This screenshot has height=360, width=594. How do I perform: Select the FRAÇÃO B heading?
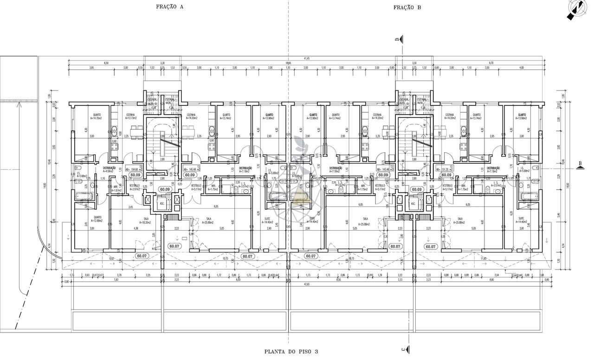coord(407,7)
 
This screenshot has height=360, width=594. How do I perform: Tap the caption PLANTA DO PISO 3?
coord(292,352)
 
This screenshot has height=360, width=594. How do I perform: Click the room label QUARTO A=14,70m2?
coord(97,116)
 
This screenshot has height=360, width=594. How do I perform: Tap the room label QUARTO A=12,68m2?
coord(97,219)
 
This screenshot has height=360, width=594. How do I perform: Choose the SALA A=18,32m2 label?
coord(146,220)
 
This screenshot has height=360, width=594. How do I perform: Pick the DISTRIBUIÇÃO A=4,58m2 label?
coord(109,170)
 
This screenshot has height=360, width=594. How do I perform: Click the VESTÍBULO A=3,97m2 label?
coord(135,187)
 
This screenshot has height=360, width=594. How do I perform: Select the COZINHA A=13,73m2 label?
coord(131,116)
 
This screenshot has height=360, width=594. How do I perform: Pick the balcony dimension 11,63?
coord(484,258)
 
